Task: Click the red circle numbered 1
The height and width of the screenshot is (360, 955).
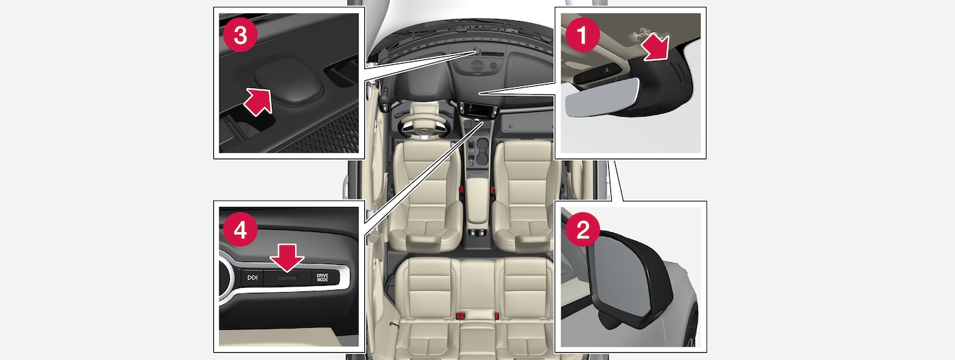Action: tap(582, 34)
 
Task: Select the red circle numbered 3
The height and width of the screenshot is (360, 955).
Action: tap(240, 34)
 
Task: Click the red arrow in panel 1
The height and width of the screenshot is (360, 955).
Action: tap(656, 48)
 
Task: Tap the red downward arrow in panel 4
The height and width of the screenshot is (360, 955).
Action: tap(287, 257)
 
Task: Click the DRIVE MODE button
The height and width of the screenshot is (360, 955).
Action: tap(322, 278)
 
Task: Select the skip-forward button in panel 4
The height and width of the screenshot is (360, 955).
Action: tap(252, 278)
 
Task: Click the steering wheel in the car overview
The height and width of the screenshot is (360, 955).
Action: tap(424, 126)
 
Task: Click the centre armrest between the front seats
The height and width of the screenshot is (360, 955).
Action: tap(477, 200)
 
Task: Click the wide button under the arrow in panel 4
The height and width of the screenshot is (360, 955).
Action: tap(287, 278)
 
